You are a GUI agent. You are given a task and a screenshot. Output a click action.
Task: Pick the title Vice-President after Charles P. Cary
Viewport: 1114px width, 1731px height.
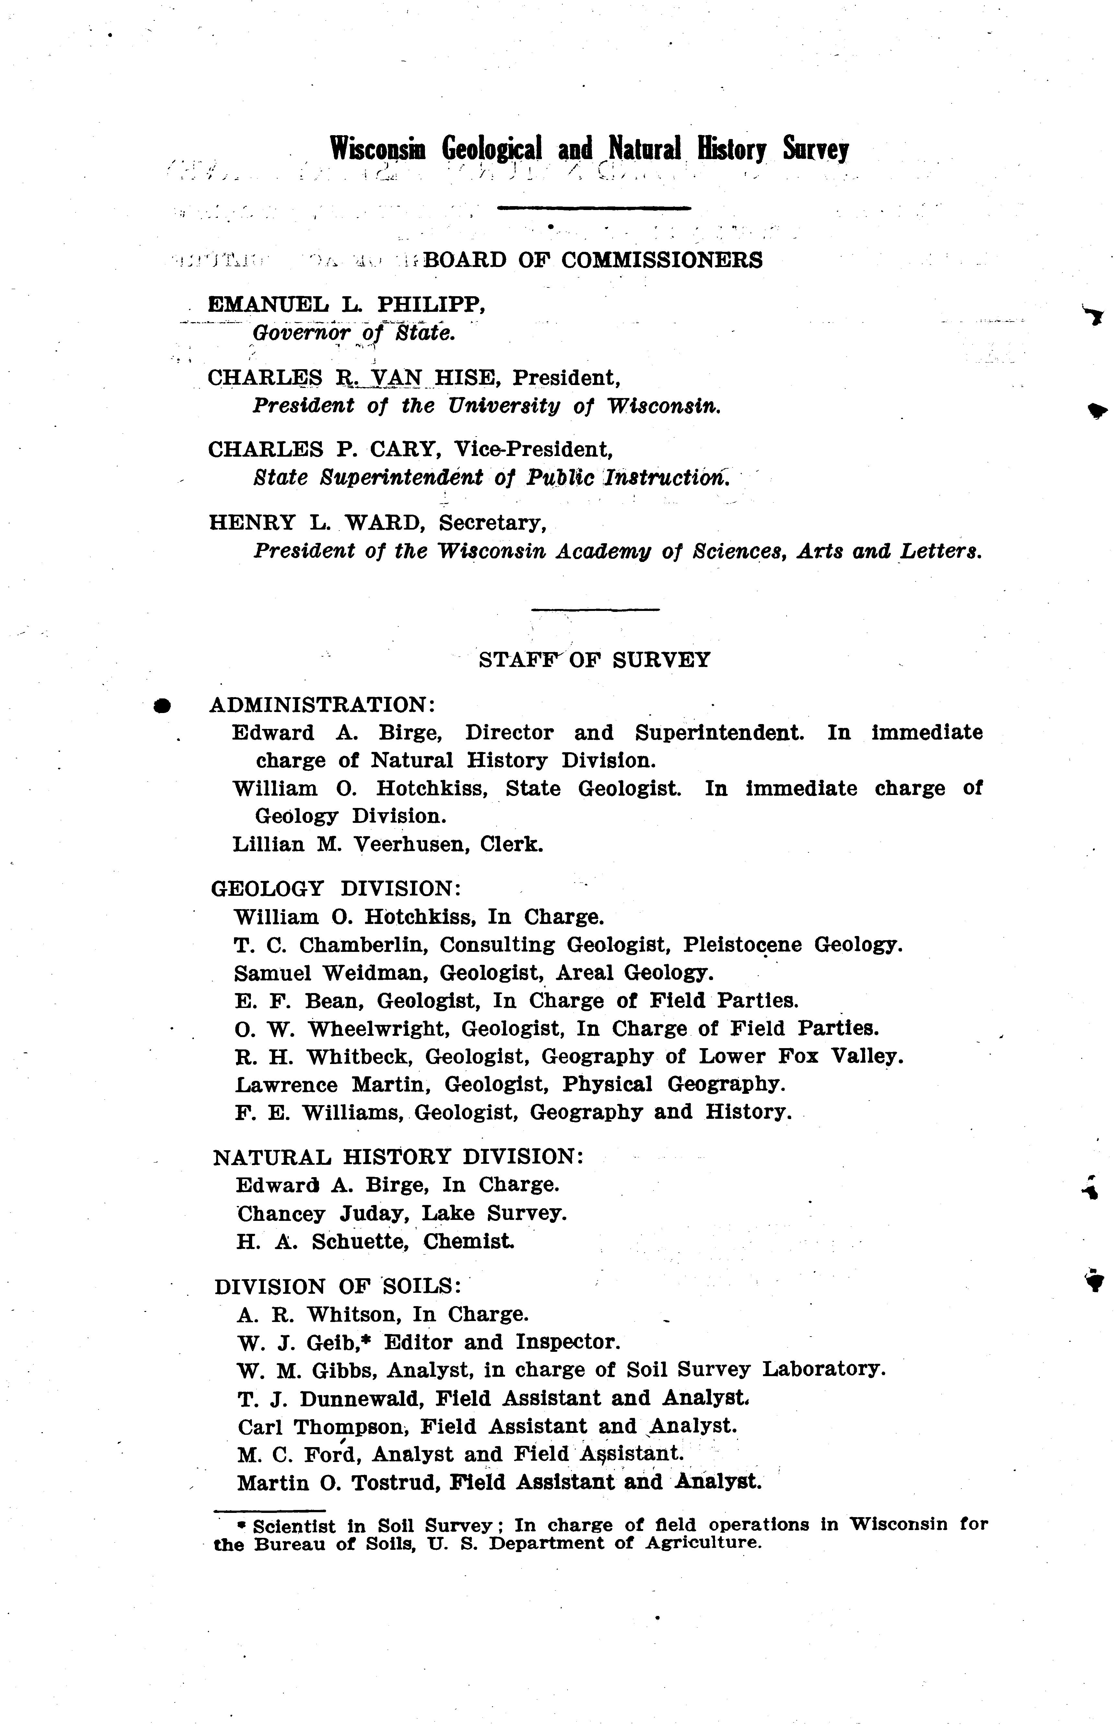533,450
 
